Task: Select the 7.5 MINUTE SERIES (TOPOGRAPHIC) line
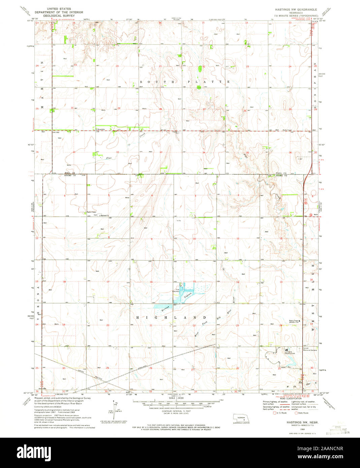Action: (296, 16)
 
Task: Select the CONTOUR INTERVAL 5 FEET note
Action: (174, 411)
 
